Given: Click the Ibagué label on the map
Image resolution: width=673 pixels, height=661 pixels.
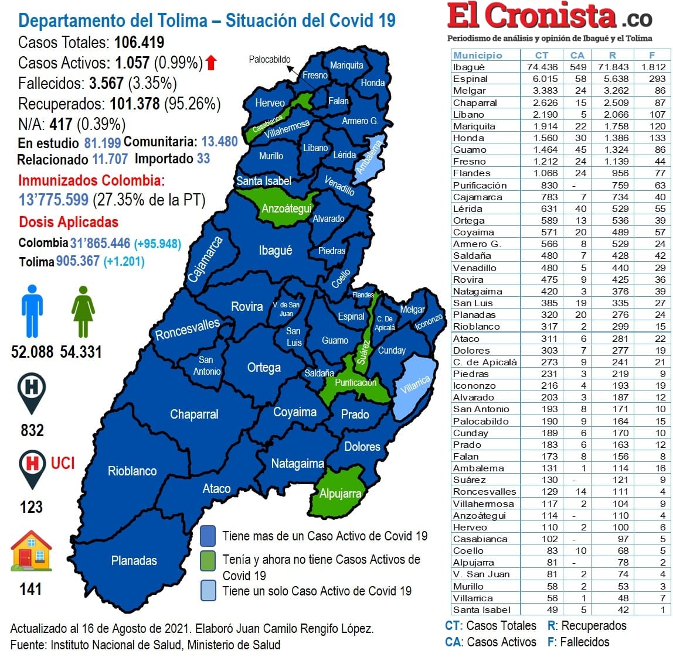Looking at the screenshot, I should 275,251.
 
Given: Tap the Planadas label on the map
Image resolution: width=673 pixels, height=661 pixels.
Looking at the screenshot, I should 134,560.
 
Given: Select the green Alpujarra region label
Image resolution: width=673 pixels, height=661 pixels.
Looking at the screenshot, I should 340,494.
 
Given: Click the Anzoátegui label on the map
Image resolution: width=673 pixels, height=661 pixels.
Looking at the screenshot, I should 286,208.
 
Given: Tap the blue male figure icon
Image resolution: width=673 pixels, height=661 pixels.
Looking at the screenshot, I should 32,311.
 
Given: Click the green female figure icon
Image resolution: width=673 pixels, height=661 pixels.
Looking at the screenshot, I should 83,311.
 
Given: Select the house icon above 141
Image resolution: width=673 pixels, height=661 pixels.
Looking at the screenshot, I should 31,551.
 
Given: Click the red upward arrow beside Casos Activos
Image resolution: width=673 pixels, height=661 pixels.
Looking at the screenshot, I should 211,63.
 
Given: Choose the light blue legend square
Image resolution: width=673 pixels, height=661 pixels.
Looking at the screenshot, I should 208,590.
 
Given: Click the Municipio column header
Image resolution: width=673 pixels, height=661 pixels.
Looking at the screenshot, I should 477,55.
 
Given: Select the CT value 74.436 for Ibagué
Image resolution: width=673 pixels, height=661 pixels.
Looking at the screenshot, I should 542,67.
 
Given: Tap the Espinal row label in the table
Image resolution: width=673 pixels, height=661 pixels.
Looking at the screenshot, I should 470,78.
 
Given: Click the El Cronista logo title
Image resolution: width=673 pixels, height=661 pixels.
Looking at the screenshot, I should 532,16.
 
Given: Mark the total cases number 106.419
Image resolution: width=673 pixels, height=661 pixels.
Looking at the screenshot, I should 139,42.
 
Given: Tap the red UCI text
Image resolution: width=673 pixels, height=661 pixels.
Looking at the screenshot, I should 63,463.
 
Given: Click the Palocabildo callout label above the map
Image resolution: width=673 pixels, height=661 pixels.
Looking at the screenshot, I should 269,59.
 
